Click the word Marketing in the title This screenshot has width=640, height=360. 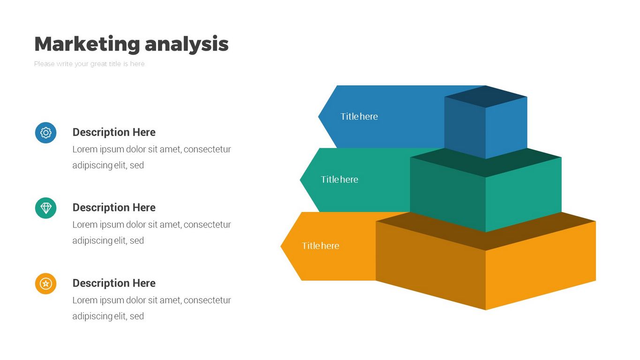click(87, 44)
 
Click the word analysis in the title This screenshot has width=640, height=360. click(187, 44)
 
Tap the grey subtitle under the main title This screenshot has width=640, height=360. click(90, 64)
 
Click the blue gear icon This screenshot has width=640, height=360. click(46, 133)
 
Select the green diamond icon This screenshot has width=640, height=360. click(46, 208)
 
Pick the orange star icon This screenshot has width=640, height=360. click(46, 284)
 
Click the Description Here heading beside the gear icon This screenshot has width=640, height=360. click(114, 132)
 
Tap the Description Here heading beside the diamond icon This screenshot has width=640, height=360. click(114, 208)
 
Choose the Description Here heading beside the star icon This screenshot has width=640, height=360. click(114, 283)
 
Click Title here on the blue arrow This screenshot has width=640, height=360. click(359, 117)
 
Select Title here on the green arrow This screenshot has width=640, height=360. click(339, 180)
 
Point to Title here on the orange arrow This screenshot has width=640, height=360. click(321, 246)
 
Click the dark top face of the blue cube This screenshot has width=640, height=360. click(486, 97)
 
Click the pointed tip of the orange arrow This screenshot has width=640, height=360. click(281, 246)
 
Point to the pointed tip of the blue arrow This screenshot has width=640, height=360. click(318, 116)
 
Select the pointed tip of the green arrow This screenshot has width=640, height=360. click(300, 180)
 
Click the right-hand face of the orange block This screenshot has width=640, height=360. click(541, 266)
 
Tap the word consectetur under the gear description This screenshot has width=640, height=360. click(207, 150)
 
